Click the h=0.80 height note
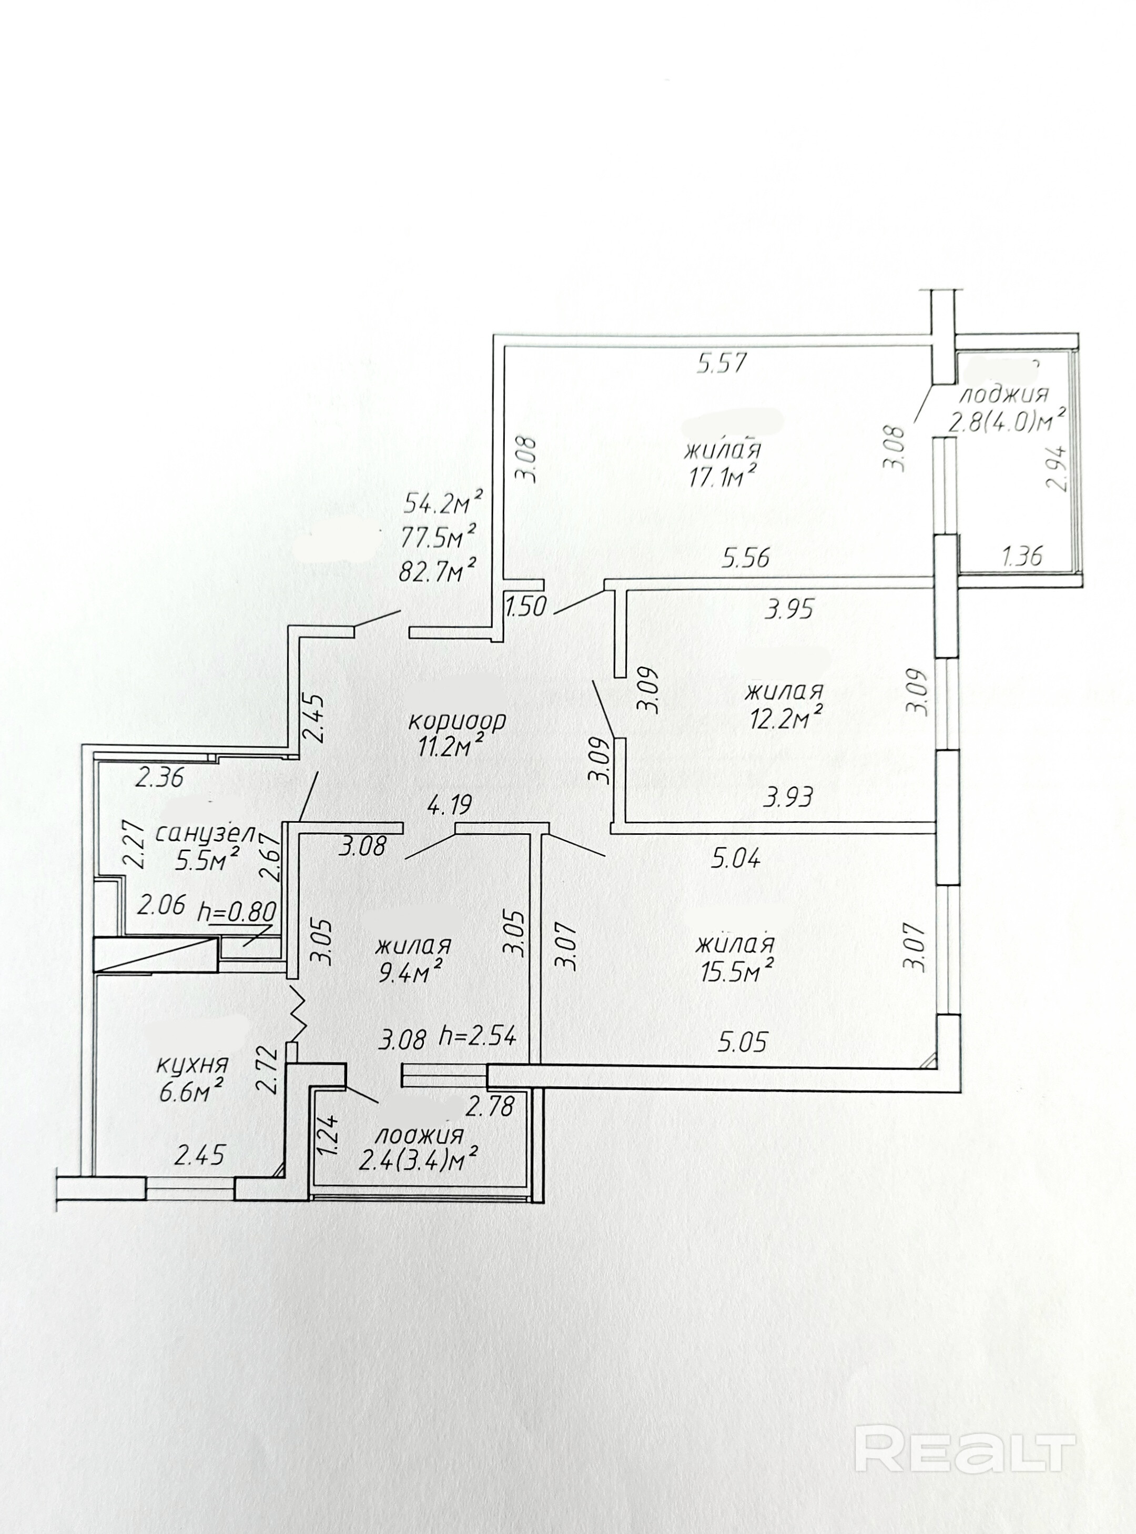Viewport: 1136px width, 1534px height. tap(236, 912)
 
